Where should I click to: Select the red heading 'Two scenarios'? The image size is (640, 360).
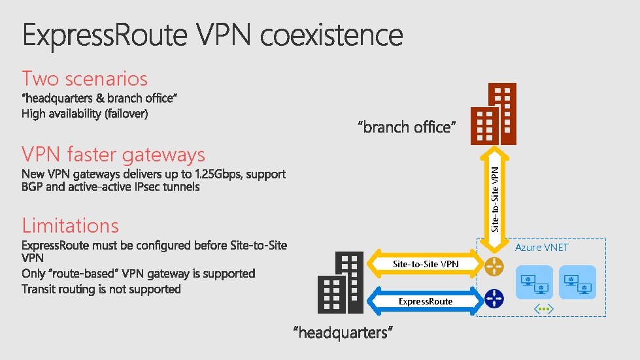click(x=84, y=78)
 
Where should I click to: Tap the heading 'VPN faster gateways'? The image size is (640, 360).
click(x=113, y=155)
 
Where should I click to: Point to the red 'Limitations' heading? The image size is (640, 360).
click(x=70, y=225)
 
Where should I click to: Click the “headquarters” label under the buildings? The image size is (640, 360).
click(x=343, y=333)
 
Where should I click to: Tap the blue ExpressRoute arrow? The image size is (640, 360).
click(x=425, y=301)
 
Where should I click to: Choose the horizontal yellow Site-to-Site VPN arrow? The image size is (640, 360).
click(x=425, y=264)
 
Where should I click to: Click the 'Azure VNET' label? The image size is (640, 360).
click(x=541, y=248)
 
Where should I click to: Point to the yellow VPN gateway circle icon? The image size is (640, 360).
click(x=494, y=265)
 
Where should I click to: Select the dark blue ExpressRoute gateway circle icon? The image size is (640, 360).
click(x=494, y=299)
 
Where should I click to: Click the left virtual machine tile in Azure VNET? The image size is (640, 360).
click(x=534, y=282)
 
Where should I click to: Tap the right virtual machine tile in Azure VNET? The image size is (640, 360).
click(x=577, y=282)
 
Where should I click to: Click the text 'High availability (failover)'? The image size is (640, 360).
click(x=85, y=114)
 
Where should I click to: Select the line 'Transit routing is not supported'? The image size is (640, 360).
click(x=101, y=289)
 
